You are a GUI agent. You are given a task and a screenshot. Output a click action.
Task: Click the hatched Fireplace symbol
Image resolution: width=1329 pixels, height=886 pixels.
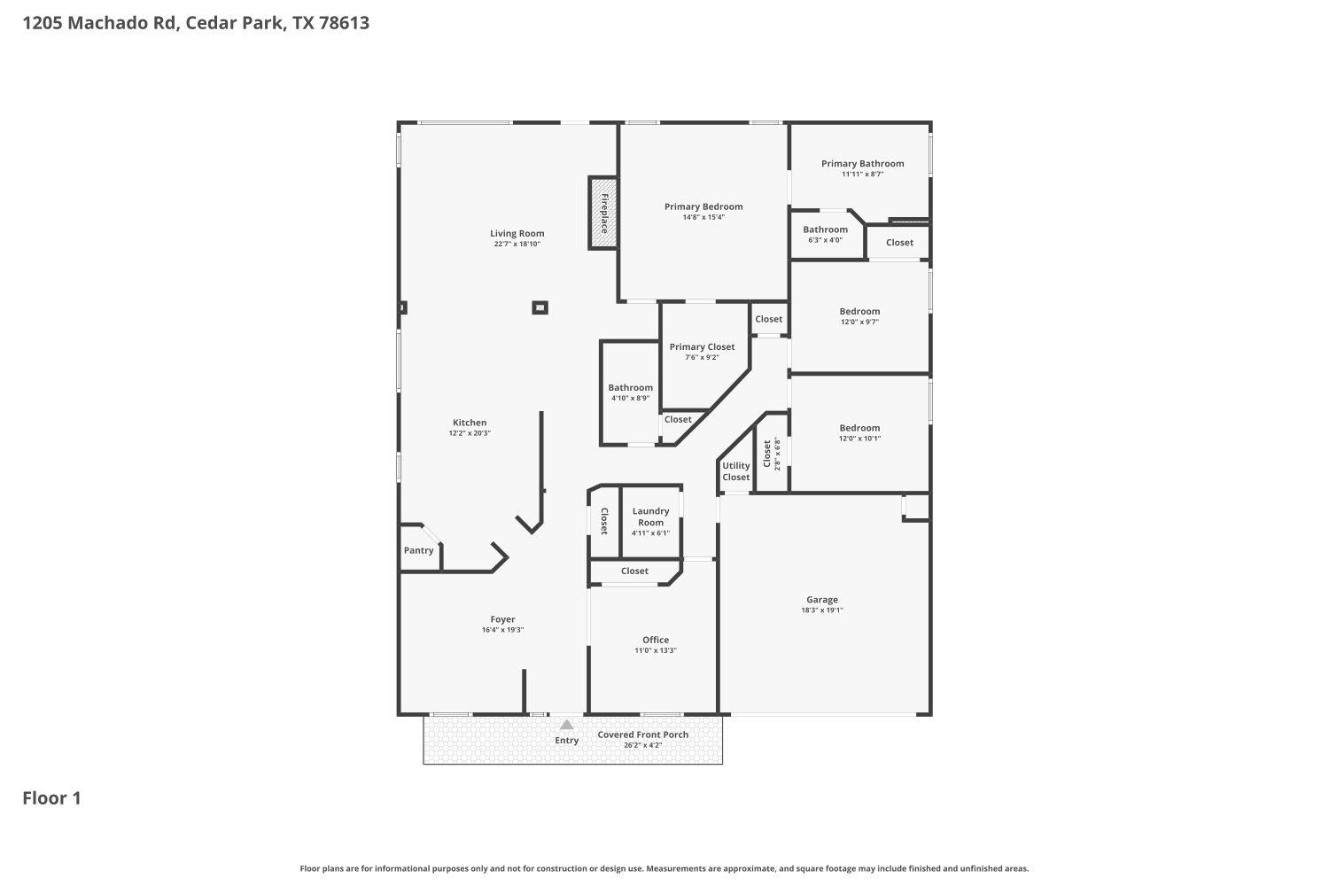click(603, 213)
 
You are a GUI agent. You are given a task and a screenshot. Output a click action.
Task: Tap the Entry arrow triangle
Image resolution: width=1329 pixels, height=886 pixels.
click(566, 725)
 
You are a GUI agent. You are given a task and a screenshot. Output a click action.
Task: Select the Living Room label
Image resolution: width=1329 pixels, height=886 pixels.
click(517, 234)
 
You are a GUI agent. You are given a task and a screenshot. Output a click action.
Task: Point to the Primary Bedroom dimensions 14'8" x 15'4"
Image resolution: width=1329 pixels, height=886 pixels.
click(703, 218)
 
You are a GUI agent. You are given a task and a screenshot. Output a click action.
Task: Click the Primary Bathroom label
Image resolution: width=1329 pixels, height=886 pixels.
click(862, 163)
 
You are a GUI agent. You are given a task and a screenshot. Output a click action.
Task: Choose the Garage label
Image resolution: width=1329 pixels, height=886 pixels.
click(821, 600)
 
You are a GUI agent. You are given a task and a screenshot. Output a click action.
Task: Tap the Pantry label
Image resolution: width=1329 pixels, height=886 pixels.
click(418, 550)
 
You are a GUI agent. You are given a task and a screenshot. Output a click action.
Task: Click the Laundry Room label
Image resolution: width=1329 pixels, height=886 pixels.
click(650, 517)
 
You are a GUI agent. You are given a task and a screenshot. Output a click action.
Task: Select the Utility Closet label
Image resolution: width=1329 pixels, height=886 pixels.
click(735, 471)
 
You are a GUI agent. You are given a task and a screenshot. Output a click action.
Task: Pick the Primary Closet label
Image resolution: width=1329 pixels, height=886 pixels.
click(702, 347)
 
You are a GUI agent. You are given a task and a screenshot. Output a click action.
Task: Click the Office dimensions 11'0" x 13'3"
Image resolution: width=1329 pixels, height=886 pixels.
click(656, 650)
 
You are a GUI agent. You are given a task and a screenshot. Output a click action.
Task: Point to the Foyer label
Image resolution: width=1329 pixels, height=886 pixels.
click(502, 619)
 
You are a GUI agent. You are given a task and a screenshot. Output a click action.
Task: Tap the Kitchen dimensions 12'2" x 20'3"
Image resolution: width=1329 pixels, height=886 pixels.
click(470, 433)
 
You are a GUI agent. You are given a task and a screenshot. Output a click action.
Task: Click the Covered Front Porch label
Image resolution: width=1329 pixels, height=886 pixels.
click(642, 734)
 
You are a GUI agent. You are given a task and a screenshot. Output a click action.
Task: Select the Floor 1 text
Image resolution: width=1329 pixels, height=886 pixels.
click(51, 798)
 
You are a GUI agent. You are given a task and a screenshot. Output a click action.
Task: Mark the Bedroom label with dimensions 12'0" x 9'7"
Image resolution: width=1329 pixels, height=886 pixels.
click(859, 311)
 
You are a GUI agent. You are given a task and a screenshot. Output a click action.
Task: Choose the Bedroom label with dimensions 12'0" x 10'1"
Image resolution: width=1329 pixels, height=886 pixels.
click(859, 428)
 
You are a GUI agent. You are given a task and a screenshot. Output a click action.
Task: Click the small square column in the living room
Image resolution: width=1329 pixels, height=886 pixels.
click(540, 307)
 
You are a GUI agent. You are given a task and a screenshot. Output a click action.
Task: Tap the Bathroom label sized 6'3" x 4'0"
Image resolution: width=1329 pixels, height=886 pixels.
click(825, 229)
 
